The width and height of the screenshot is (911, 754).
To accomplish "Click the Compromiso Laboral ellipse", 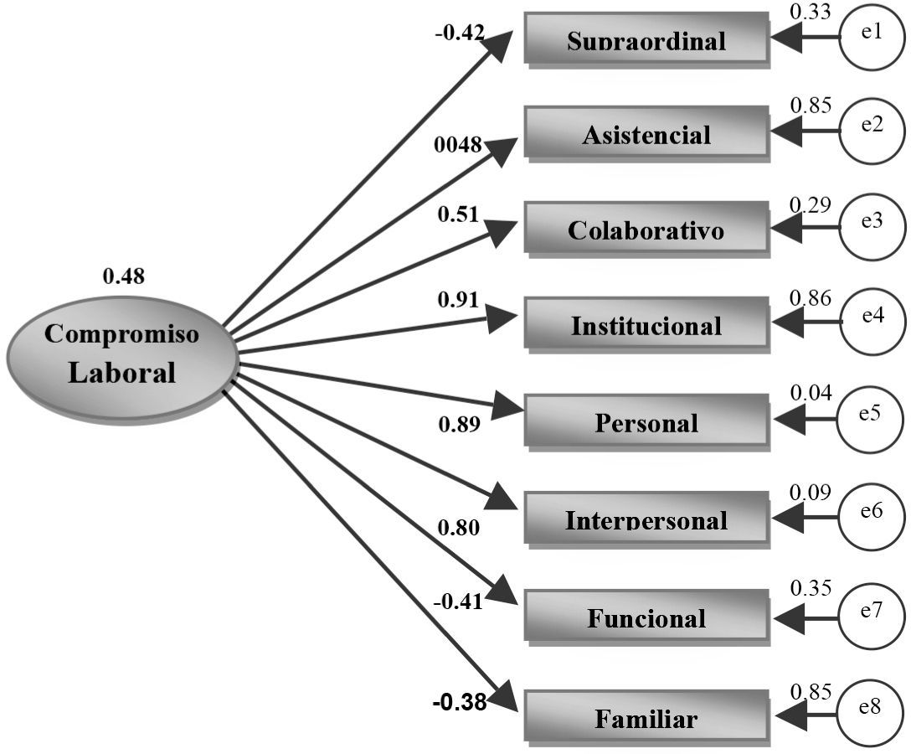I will (123, 358).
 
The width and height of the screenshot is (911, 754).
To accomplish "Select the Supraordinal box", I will (646, 38).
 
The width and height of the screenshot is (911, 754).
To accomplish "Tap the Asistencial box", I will (646, 132).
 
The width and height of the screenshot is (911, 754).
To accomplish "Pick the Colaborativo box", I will (646, 228).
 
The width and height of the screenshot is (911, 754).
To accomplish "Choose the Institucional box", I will (646, 323).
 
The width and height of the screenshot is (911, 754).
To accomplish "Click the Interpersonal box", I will (646, 518).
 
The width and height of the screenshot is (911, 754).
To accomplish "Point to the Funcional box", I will (646, 616).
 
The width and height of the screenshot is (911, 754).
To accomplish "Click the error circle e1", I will (872, 36).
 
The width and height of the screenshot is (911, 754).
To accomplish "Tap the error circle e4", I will (872, 321).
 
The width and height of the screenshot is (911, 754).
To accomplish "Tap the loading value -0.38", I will (459, 703).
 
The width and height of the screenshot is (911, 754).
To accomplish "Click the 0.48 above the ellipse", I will (123, 275).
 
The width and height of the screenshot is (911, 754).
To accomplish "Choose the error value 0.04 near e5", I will (811, 391).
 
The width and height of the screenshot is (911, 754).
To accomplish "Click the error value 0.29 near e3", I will (811, 204).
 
